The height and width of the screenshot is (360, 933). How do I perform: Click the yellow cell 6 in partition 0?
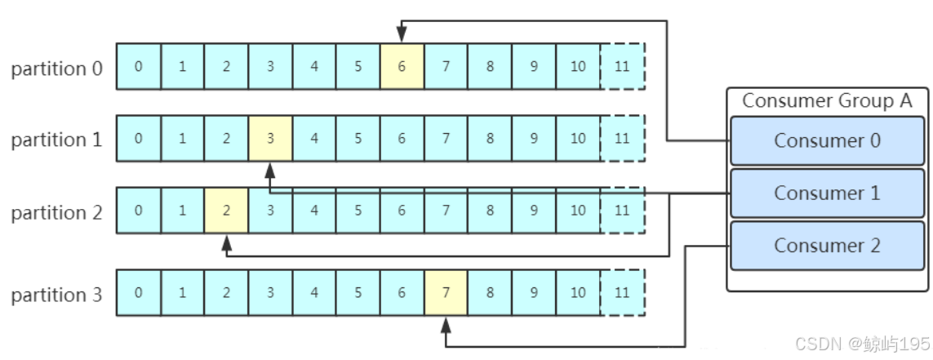pos(402,66)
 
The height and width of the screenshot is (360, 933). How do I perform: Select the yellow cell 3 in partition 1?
pos(270,138)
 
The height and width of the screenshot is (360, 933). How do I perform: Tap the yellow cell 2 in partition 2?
pos(226,211)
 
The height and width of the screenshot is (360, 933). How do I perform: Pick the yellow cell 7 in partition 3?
pos(446,292)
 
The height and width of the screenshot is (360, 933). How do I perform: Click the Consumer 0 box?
pos(827,140)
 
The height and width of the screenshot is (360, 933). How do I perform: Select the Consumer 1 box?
pos(827,193)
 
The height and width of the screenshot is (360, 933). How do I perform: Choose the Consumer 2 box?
pos(827,246)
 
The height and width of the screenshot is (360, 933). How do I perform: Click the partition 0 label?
pos(57,68)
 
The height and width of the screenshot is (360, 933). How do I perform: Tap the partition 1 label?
pos(57,140)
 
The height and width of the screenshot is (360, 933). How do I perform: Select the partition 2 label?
pos(57,212)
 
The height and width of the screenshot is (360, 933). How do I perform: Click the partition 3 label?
pos(57,294)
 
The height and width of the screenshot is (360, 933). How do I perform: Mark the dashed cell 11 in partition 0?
pos(622,66)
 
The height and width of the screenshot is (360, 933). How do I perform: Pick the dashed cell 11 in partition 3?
pos(622,292)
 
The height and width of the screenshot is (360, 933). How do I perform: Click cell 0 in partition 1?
pos(138,138)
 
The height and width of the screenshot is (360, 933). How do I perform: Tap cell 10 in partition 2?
pos(578,211)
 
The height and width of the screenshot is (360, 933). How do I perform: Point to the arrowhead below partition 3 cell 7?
pos(446,324)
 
